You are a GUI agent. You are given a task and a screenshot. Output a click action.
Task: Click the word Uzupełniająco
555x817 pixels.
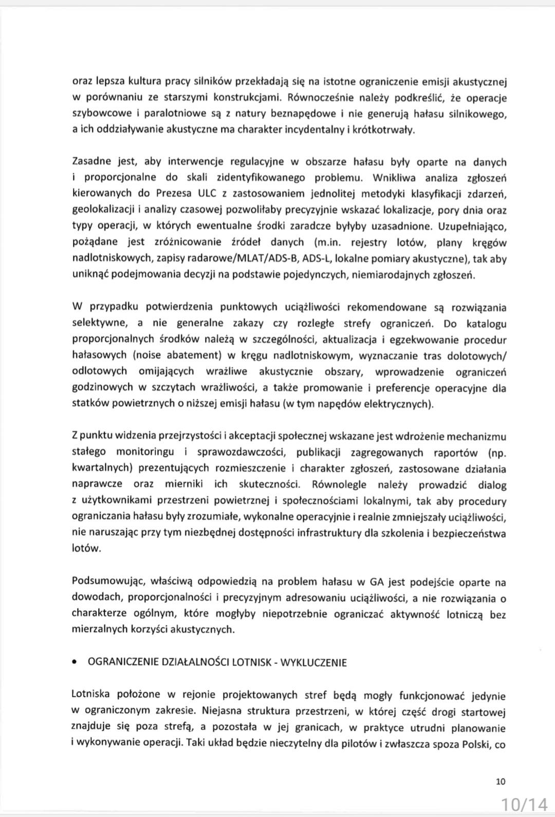coord(471,226)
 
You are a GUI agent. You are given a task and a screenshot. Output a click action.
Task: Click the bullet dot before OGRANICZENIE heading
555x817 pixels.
coord(76,663)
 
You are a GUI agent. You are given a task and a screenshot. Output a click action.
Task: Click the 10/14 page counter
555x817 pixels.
coord(524,803)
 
